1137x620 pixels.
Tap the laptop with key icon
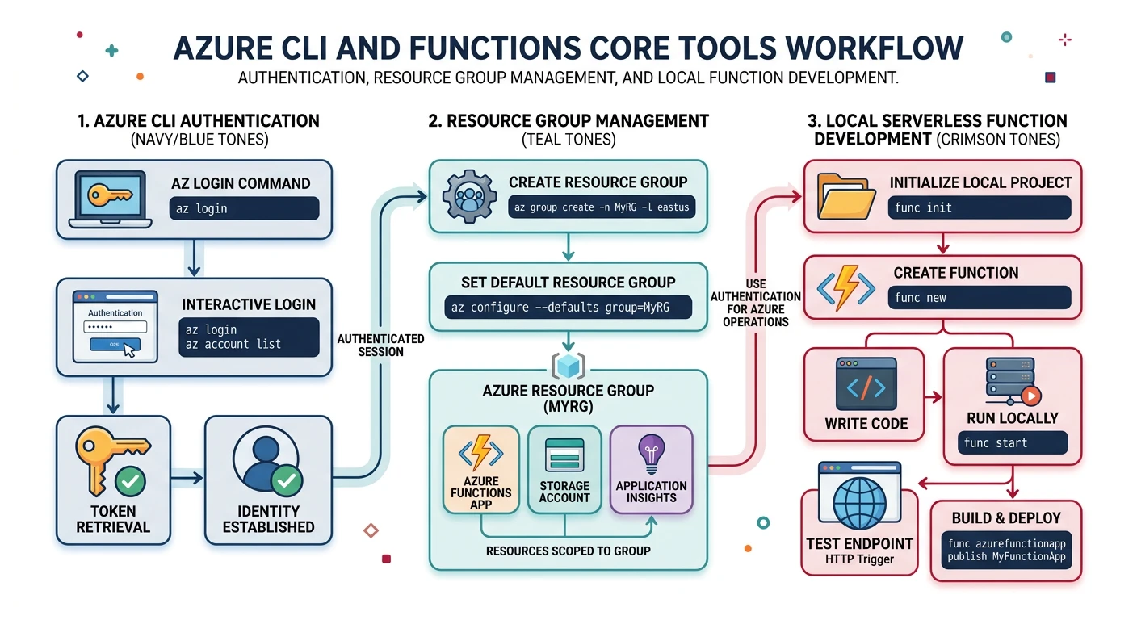pos(109,199)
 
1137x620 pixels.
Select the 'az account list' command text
pos(233,344)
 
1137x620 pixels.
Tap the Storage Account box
pos(564,469)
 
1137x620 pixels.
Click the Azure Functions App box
pos(481,469)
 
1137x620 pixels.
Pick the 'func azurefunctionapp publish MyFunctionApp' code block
pos(1006,551)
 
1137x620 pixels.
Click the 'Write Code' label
pos(866,424)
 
